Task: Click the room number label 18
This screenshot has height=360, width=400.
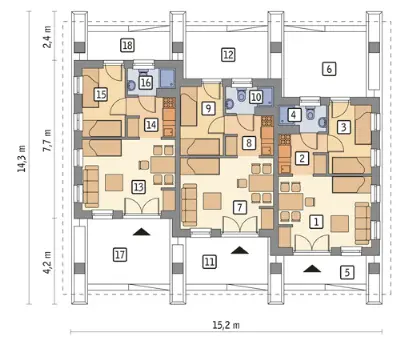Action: coord(127,45)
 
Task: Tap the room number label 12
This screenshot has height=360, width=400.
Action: coord(228,54)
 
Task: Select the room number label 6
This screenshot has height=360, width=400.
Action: coord(329,69)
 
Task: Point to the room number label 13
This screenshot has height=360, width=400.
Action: coord(138,187)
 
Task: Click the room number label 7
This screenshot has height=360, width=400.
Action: coord(240,207)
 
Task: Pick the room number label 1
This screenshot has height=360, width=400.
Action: coord(316,221)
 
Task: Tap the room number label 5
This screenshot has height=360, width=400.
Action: coord(347,272)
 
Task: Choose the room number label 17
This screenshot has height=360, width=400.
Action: coord(120,255)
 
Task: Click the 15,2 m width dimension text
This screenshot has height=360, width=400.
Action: coord(226,325)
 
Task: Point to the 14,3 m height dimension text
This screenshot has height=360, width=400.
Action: coord(22,158)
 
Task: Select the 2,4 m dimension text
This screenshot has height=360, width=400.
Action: coord(47,37)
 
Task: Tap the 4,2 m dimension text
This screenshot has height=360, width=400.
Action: coord(47,263)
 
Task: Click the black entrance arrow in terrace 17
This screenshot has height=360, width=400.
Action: coord(142,232)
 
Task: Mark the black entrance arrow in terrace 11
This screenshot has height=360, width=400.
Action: coord(240,250)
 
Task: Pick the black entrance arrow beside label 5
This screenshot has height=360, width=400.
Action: coord(312,268)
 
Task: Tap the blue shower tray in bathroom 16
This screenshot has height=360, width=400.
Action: coord(167,79)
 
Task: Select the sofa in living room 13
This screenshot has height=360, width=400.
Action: coord(92,187)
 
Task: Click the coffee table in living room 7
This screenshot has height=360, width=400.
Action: coord(212,201)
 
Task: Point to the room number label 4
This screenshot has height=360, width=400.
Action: coord(293,115)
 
